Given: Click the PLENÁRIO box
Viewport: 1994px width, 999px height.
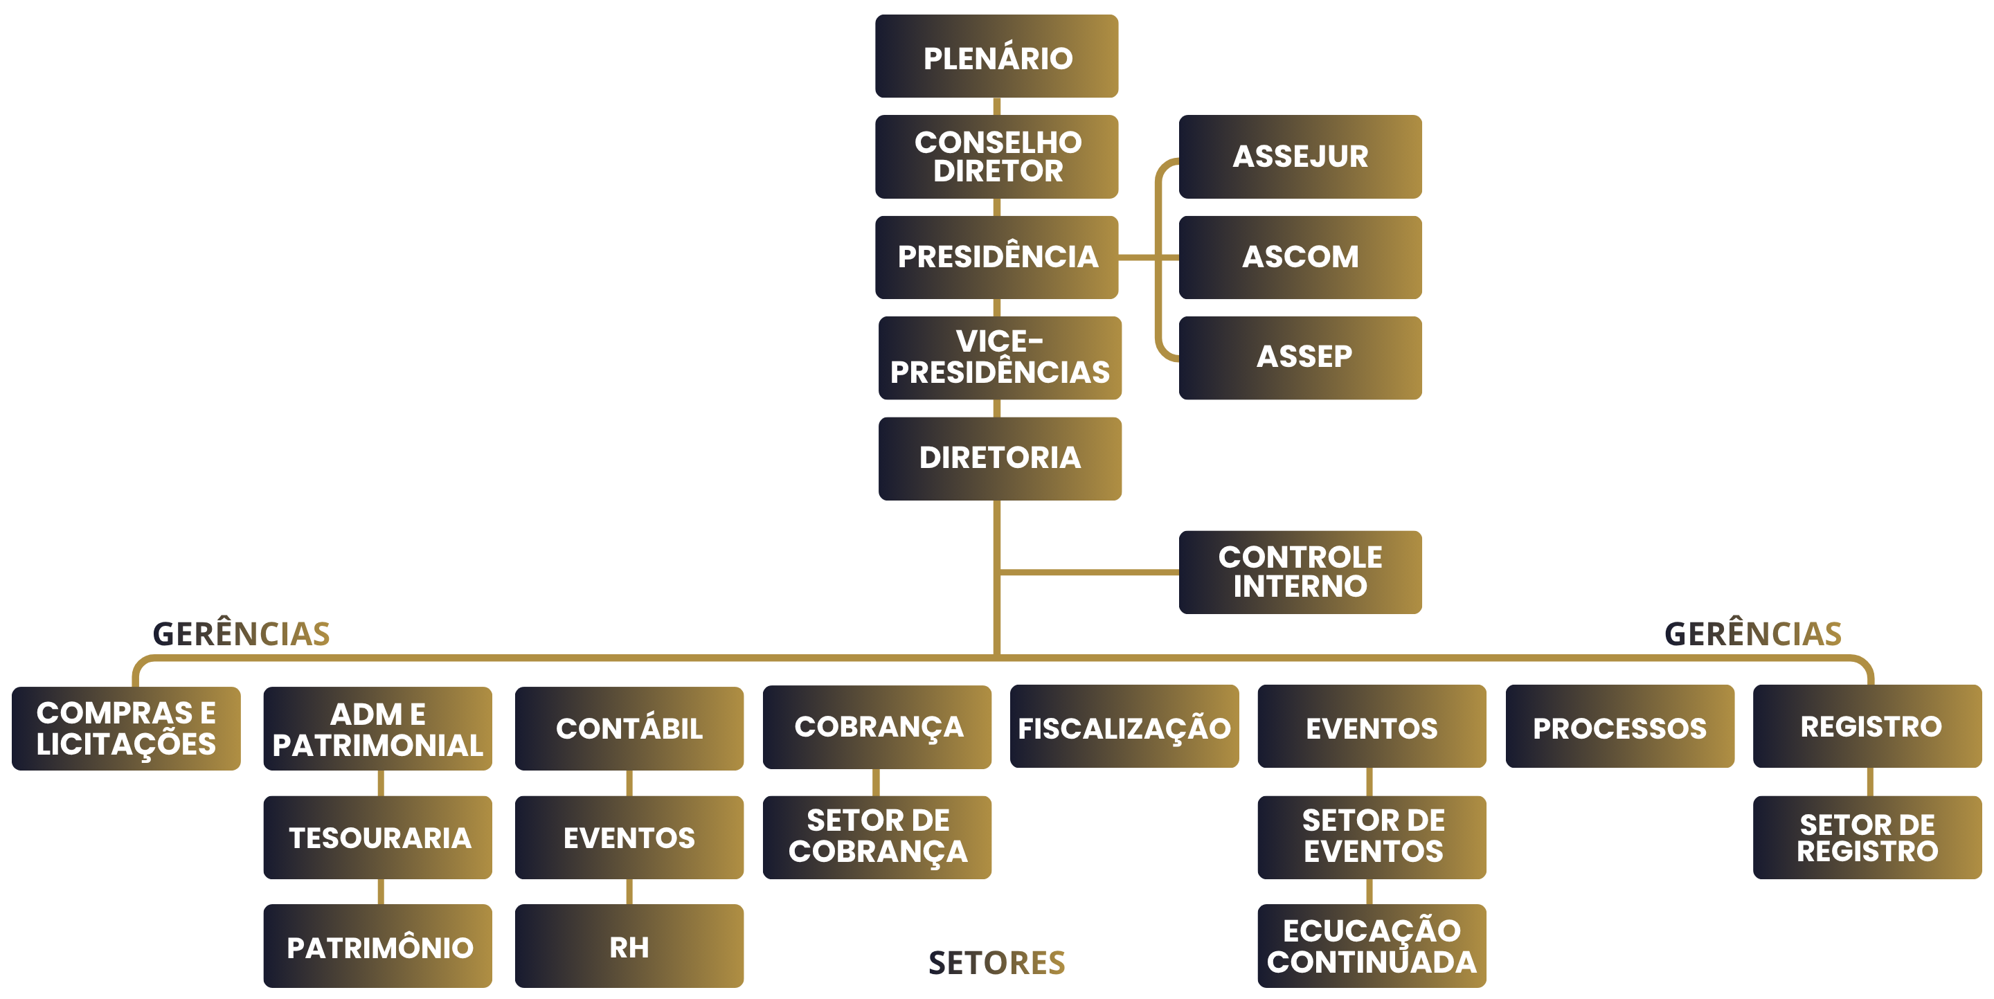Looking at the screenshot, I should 996,57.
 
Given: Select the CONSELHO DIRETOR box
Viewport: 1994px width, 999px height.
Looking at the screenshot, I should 996,156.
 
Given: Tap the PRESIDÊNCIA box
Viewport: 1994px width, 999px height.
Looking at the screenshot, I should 996,257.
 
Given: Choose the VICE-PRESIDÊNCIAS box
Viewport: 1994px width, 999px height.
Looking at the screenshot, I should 999,357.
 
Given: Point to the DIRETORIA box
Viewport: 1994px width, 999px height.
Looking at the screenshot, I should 999,458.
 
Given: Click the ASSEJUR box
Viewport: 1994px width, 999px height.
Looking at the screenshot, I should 1300,156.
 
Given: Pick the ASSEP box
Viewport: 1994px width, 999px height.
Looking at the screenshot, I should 1300,357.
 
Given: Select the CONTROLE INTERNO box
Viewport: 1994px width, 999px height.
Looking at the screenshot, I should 1300,572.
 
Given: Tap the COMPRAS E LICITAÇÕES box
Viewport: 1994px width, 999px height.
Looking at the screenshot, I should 126,728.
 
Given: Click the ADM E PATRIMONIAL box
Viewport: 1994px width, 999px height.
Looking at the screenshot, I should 378,728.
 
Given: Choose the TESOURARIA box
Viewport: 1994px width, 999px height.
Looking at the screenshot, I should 378,837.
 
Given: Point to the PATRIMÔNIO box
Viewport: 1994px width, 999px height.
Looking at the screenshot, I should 378,946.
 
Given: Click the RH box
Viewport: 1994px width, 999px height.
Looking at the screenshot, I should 629,946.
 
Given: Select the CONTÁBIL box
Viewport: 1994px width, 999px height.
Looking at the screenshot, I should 629,728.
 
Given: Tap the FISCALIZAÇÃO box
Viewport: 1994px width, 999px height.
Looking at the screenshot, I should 1124,727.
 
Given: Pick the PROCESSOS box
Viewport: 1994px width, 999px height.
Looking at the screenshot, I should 1619,727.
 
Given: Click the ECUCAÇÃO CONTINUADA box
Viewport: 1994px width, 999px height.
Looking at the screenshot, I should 1372,946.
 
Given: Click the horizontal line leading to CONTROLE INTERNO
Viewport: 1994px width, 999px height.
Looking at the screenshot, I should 1088,573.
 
